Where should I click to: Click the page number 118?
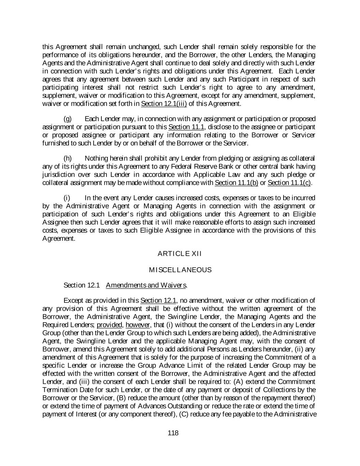[173, 433]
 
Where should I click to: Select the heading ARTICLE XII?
[180, 254]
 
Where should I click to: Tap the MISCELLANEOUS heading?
[180, 270]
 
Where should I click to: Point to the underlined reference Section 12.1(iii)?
[164, 104]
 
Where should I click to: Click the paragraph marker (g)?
[68, 119]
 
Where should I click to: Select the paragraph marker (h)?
[68, 158]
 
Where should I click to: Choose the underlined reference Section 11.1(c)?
[289, 183]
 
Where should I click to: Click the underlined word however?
[138, 325]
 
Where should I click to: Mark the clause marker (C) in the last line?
[184, 414]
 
